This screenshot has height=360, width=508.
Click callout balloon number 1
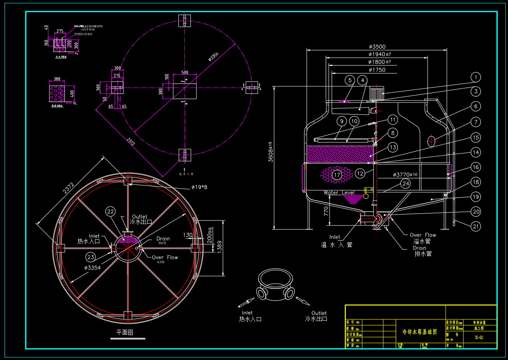475,77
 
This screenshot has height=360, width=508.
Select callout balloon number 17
337,175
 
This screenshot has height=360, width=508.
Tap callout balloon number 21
475,226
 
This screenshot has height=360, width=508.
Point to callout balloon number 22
111,212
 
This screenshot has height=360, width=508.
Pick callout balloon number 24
406,183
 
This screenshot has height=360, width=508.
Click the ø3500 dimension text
377,46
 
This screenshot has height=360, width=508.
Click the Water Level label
339,192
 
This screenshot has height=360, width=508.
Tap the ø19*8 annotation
199,187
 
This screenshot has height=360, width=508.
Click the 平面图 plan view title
125,332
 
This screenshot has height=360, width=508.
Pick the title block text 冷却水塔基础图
419,332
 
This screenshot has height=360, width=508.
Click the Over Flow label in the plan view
165,257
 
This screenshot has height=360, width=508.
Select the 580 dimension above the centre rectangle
184,72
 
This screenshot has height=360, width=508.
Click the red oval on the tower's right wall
431,141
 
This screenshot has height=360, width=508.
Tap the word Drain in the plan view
163,238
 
